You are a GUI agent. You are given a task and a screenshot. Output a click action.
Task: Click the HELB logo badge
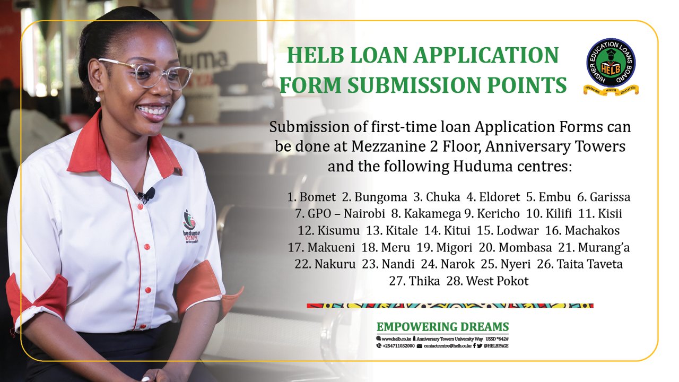pos(611,66)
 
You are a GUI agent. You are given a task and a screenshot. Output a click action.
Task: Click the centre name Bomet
pos(318,197)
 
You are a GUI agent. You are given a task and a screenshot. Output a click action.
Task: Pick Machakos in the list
pos(592,231)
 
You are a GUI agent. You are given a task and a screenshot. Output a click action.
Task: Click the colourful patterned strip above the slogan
pos(450,306)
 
